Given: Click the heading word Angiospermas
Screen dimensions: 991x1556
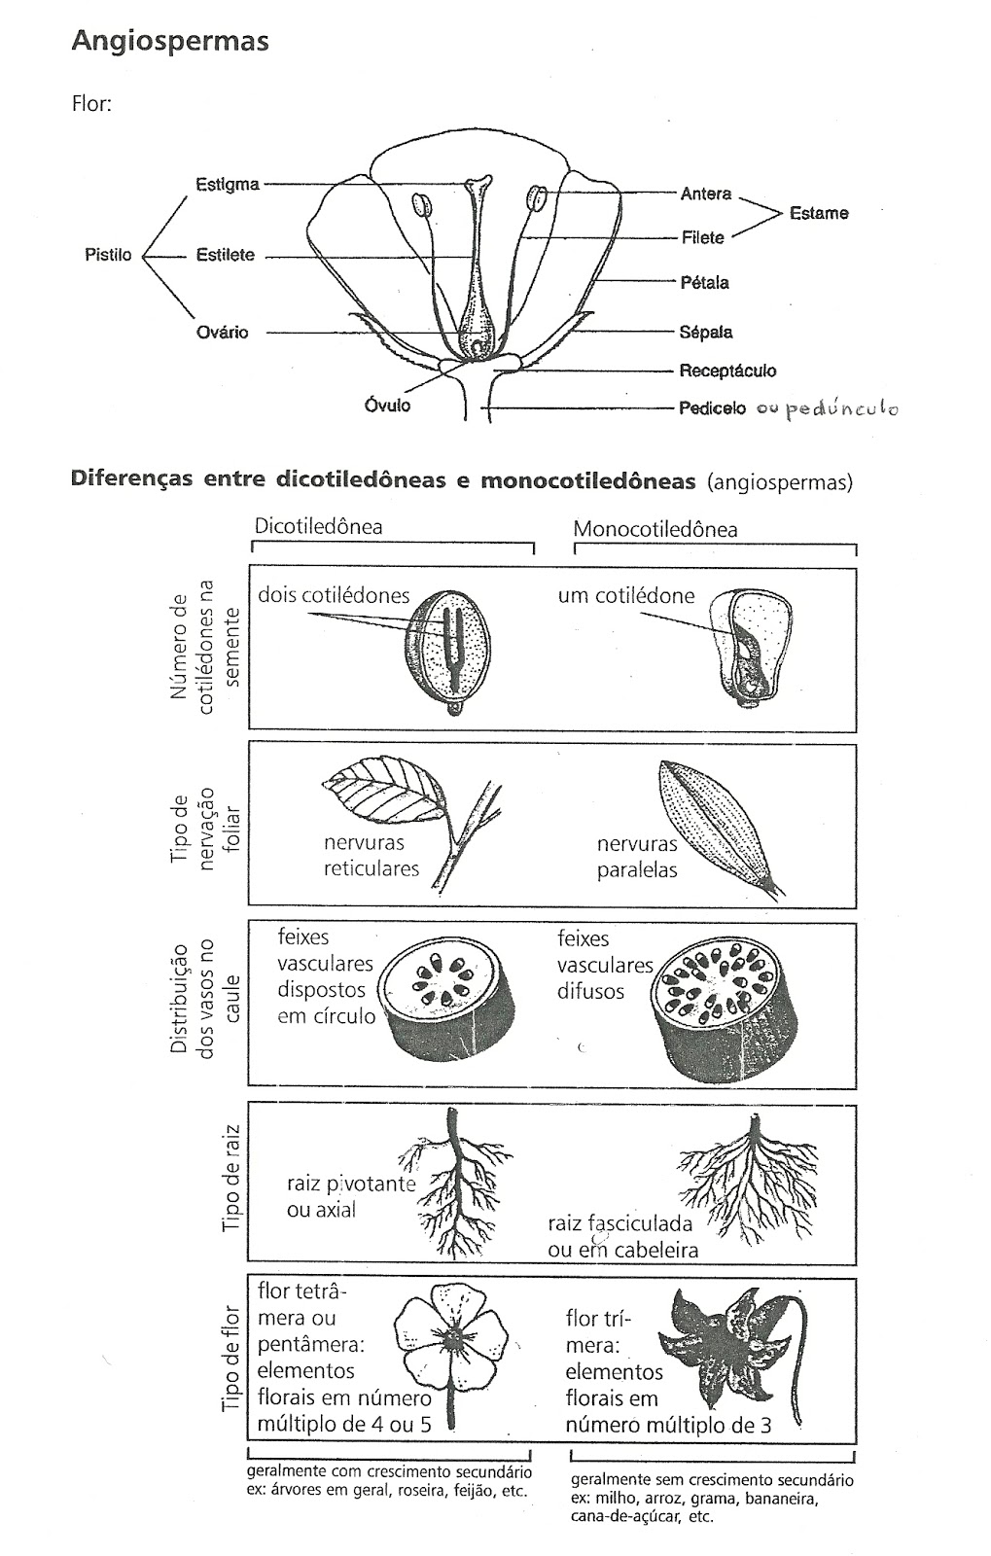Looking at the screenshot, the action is point(170,43).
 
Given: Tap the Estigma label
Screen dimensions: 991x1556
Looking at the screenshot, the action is point(227,184).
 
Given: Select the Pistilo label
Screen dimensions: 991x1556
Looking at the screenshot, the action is point(108,256).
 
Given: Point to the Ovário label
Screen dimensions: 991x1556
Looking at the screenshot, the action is point(222,333).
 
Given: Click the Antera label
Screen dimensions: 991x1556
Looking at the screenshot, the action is point(705,194).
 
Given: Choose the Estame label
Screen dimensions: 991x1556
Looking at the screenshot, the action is point(819,213).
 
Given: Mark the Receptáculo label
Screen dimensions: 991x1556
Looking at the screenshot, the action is point(727,371).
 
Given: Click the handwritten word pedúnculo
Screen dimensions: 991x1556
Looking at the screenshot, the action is point(841,409).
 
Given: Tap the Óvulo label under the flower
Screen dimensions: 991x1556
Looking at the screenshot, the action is point(387,405).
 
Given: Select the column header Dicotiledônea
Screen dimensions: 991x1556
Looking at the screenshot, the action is point(318,526).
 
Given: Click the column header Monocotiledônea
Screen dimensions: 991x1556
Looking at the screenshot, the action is point(655,529).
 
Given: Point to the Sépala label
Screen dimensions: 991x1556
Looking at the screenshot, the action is point(706,332).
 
